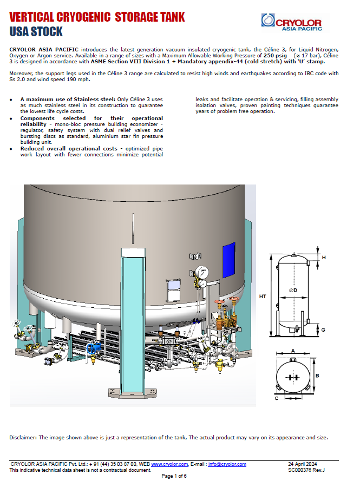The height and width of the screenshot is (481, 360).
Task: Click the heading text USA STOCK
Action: (x=36, y=31)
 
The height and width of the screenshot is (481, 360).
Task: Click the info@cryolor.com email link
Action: (x=227, y=464)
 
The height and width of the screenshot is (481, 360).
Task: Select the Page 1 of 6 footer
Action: (x=174, y=476)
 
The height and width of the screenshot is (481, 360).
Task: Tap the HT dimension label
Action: (x=263, y=296)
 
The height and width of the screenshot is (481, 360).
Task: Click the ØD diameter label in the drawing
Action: (x=293, y=291)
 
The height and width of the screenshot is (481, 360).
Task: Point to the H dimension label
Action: (x=324, y=258)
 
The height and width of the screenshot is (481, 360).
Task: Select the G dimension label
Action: (x=323, y=329)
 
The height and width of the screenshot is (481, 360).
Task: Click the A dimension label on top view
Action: (x=293, y=351)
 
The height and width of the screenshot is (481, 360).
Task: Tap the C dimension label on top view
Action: (x=277, y=398)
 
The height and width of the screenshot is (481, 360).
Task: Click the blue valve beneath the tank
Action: (x=97, y=344)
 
